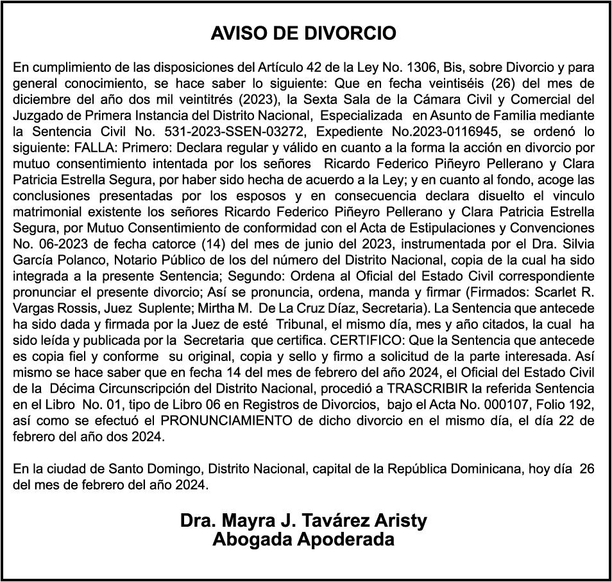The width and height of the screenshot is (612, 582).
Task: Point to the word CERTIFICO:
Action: coord(352,340)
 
